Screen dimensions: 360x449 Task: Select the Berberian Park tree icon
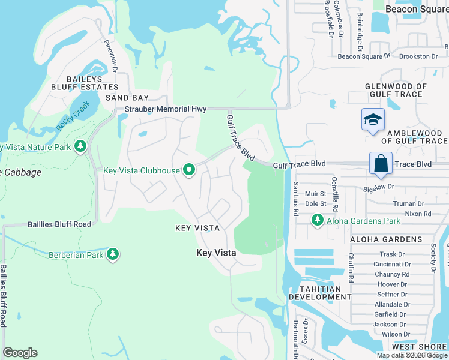coord(112,254)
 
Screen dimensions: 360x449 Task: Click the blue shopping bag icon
coord(381,163)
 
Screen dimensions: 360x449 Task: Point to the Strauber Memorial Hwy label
coord(166,109)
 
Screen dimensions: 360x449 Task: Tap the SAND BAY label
coord(127,97)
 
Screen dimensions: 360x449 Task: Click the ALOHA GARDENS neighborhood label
coord(387,239)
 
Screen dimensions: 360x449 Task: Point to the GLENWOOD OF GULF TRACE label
coord(396,90)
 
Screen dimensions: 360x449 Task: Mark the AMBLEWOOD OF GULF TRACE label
coord(417,137)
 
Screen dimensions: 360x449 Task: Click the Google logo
coord(20,353)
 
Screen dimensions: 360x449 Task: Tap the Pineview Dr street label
coord(111,54)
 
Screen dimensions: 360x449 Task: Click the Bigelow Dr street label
coord(394,187)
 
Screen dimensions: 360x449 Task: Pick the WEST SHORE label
coord(420,347)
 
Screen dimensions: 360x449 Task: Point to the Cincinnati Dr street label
coord(392,264)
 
